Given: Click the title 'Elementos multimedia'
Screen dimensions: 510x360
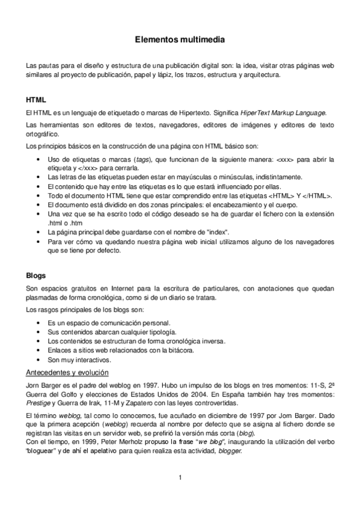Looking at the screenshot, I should pyautogui.click(x=180, y=40).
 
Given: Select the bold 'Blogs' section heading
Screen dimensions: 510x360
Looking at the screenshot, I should pyautogui.click(x=36, y=275).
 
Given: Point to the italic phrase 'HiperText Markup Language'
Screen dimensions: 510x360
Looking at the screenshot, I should pyautogui.click(x=283, y=112).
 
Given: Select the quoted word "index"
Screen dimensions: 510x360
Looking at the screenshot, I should pyautogui.click(x=217, y=231).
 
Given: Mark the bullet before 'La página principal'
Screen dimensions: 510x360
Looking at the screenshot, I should pyautogui.click(x=39, y=232).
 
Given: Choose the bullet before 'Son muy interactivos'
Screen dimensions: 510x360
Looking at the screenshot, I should pyautogui.click(x=39, y=360).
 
